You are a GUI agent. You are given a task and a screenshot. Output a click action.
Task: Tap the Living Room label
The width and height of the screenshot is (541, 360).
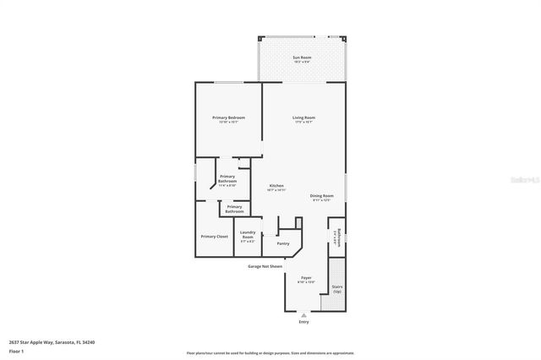tap(303, 117)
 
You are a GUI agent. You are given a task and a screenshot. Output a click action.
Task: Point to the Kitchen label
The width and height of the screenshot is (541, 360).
tap(276, 185)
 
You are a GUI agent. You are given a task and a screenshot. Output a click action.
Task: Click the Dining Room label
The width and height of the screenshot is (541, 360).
tap(321, 195)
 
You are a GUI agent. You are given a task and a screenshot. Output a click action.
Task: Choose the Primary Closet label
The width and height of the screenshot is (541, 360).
tap(214, 237)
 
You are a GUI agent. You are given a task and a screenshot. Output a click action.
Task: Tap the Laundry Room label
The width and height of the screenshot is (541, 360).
tap(248, 234)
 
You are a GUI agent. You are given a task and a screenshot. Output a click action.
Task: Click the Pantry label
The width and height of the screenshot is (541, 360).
tap(282, 243)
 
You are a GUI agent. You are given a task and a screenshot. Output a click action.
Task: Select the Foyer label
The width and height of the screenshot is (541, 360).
tap(306, 277)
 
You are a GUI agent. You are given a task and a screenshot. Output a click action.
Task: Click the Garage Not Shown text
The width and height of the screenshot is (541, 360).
tap(265, 266)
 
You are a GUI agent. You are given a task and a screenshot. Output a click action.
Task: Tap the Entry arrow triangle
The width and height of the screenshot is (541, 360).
tap(304, 314)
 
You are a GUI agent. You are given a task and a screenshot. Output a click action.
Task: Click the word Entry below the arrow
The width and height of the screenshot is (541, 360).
tap(304, 322)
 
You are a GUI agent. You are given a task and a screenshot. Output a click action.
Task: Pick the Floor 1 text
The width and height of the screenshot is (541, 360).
tap(17, 350)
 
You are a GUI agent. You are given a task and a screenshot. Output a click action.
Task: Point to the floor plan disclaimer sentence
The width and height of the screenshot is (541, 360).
tap(270, 353)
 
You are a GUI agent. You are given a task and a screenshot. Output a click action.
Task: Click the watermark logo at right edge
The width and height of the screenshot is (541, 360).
tap(528, 180)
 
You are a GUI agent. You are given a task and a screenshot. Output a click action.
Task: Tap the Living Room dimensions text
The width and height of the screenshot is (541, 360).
tap(303, 123)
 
